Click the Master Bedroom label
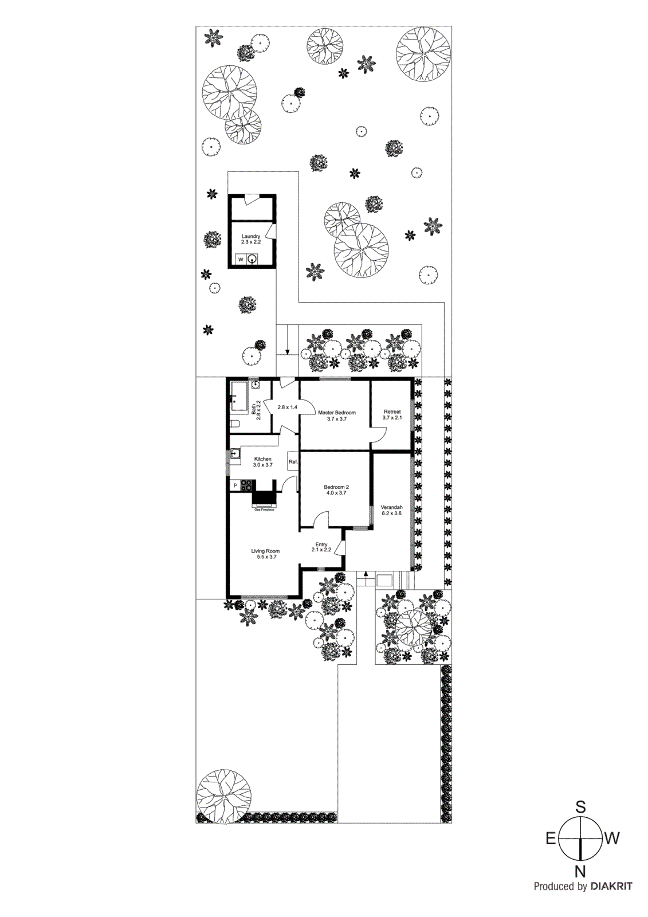[x=337, y=413]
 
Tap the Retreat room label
[x=392, y=412]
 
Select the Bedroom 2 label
[x=336, y=487]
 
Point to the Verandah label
[x=391, y=507]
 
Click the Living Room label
[x=265, y=551]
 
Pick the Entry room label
[x=321, y=544]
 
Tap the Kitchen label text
[x=263, y=459]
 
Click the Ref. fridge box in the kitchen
[x=293, y=461]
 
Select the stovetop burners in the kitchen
[x=246, y=485]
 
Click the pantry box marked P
[x=235, y=485]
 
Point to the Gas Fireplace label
[x=264, y=510]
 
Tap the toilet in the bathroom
[x=235, y=424]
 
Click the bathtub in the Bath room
[x=239, y=396]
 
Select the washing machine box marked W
[x=241, y=260]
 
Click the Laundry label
[x=251, y=236]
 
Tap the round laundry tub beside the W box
[x=252, y=260]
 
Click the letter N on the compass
[x=580, y=872]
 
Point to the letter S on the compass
[x=580, y=808]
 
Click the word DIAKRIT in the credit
[x=611, y=887]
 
